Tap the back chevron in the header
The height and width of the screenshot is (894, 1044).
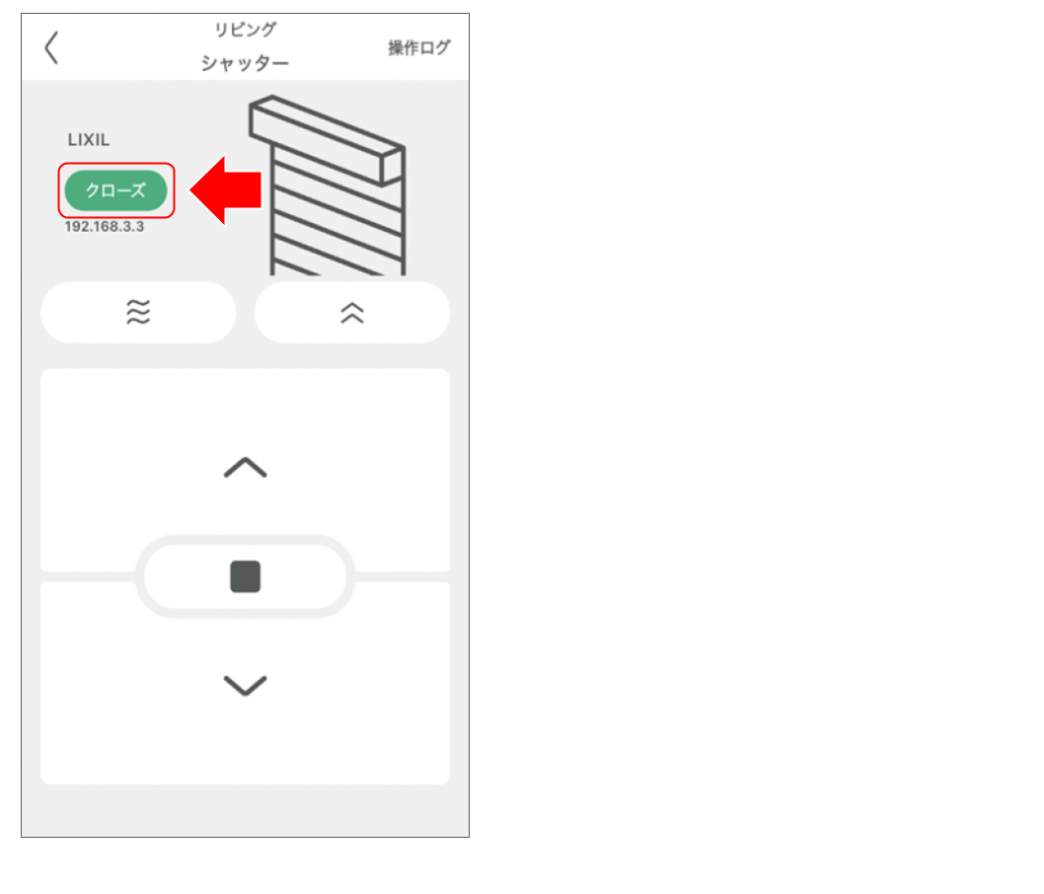click(51, 47)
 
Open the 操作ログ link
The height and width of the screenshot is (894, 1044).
click(418, 48)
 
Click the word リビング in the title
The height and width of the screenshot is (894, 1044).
click(245, 30)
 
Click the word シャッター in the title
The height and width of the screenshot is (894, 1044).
click(245, 63)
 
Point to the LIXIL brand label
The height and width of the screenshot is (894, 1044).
click(89, 140)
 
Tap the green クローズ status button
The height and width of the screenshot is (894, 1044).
click(115, 190)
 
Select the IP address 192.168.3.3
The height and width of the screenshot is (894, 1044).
click(104, 226)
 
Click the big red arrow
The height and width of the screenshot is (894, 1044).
click(226, 190)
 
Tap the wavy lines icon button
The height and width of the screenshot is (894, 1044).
click(138, 312)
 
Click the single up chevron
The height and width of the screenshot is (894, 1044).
click(245, 468)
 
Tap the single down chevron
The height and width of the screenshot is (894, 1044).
click(245, 686)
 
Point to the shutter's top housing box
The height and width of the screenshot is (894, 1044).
click(327, 140)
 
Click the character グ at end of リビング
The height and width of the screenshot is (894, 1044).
click(267, 30)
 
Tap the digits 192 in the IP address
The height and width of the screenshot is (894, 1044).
click(75, 226)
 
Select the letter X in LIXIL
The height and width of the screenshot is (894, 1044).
click(88, 140)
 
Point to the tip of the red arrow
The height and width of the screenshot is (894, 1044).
click(190, 190)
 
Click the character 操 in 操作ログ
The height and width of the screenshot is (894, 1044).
click(396, 48)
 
